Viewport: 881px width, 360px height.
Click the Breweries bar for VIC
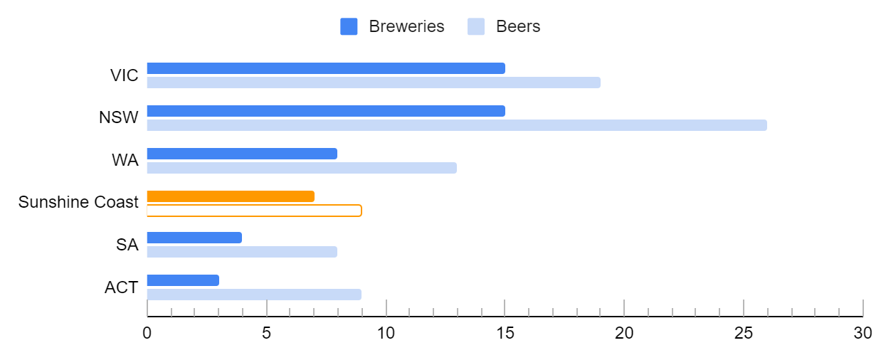click(x=326, y=68)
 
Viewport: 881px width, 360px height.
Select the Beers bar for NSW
click(x=457, y=125)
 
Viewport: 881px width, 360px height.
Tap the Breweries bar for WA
click(x=242, y=154)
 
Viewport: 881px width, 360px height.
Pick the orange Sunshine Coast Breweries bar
click(x=231, y=196)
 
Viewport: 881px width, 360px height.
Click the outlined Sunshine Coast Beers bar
click(x=254, y=211)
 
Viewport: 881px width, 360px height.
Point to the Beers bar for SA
click(x=242, y=252)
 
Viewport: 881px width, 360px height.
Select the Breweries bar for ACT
click(x=183, y=280)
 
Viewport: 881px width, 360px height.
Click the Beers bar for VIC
click(x=374, y=83)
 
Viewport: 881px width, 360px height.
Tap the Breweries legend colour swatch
click(x=349, y=27)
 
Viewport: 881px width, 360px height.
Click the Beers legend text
click(x=518, y=27)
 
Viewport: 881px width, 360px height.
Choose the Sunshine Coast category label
click(x=78, y=202)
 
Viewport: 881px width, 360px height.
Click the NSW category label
click(x=119, y=117)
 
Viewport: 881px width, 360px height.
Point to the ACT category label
click(x=121, y=288)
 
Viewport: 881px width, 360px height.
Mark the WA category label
click(x=125, y=160)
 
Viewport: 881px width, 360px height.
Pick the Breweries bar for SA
click(x=194, y=238)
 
